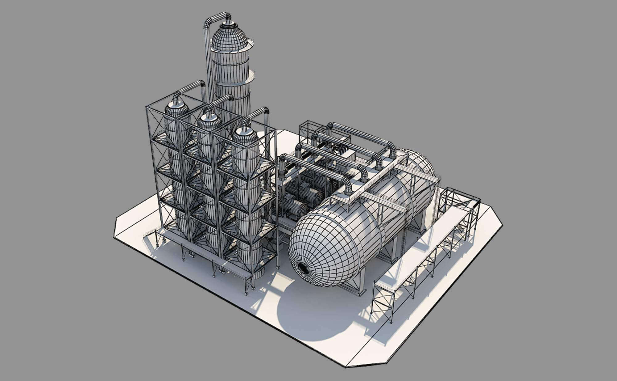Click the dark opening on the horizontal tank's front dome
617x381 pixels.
304,268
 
